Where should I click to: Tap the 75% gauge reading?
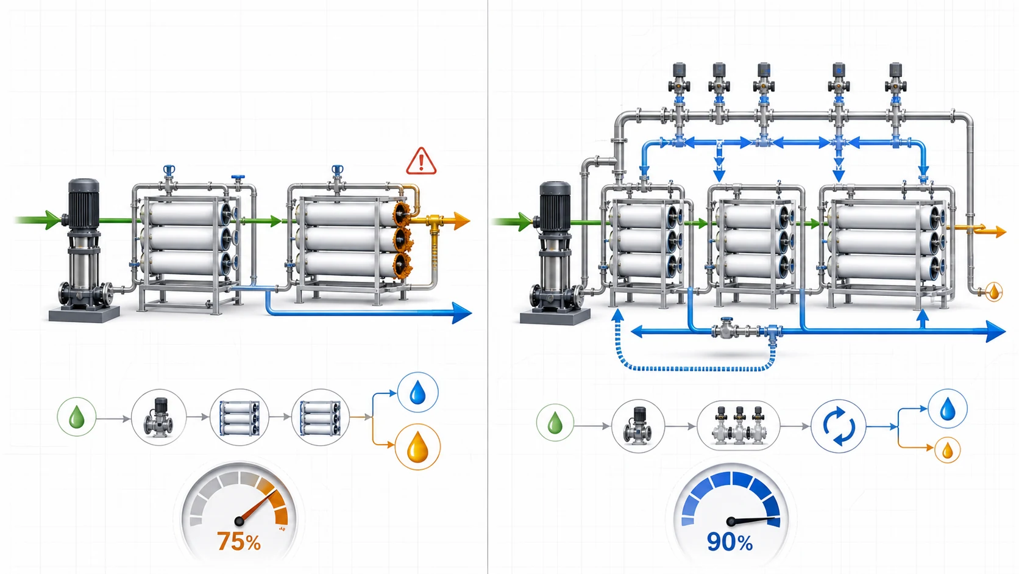(x=239, y=542)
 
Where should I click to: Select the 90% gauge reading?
(x=730, y=542)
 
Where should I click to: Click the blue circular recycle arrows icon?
(x=839, y=426)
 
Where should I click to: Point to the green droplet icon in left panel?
(x=76, y=417)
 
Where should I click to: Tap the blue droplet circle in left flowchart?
(x=417, y=392)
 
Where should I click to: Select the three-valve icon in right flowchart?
(x=739, y=426)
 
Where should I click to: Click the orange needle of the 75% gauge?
(x=257, y=506)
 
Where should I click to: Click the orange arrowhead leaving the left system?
(x=462, y=221)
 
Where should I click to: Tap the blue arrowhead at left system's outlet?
(x=462, y=313)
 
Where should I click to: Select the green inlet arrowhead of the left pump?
(x=53, y=220)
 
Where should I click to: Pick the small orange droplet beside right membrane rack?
(x=994, y=292)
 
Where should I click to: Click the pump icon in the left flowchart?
(x=159, y=417)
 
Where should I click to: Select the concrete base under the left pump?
(x=84, y=314)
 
